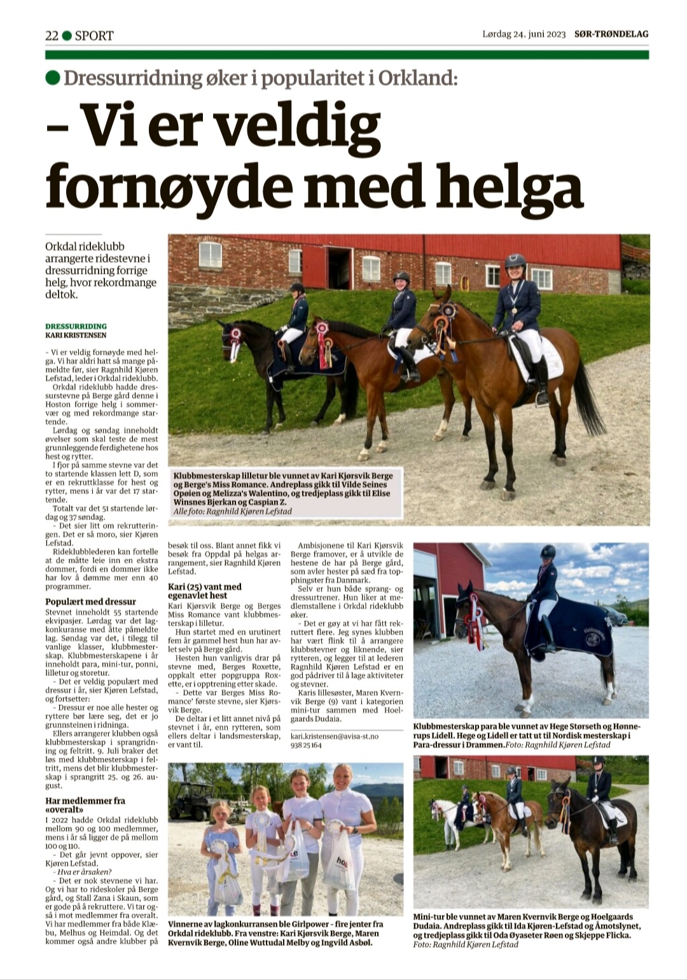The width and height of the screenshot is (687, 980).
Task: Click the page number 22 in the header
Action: (52, 36)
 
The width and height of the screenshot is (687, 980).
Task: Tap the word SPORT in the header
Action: (94, 36)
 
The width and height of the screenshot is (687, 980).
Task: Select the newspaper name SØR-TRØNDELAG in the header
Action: (611, 34)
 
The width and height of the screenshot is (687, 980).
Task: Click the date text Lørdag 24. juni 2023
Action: (524, 34)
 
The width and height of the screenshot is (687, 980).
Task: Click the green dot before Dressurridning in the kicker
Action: (53, 78)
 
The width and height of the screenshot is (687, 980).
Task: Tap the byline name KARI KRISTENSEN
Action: (76, 335)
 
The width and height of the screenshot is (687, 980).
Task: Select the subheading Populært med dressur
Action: (90, 602)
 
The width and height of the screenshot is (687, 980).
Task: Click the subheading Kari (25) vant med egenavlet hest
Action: (204, 591)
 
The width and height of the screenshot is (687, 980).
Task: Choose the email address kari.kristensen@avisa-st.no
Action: (334, 736)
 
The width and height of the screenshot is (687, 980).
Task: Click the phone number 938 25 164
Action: (306, 745)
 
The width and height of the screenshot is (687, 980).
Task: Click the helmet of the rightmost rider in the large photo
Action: (515, 261)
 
